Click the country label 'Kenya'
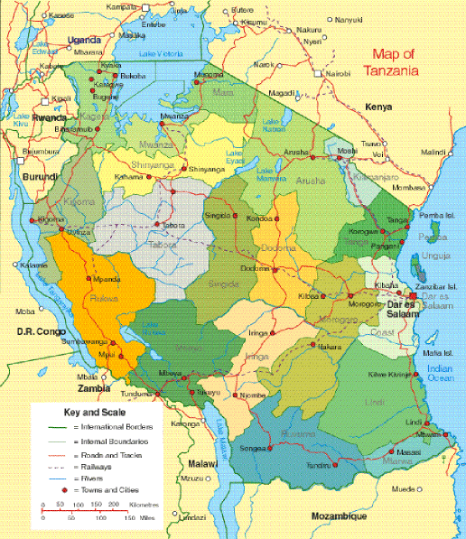(x=377, y=107)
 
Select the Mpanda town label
(x=109, y=279)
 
